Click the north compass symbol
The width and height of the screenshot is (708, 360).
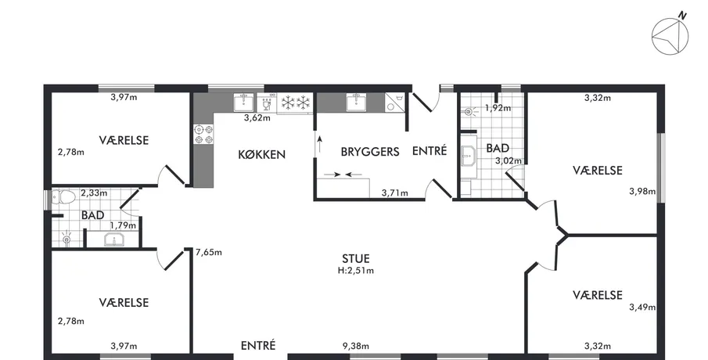click(670, 35)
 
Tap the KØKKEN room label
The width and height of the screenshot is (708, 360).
click(262, 154)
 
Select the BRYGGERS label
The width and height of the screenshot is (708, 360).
click(370, 151)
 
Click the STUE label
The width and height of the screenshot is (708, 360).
click(356, 258)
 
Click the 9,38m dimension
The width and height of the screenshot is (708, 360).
click(356, 346)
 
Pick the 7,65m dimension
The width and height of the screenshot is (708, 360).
click(209, 252)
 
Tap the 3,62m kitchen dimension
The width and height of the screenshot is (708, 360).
click(257, 118)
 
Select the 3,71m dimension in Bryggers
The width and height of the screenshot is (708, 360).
click(394, 193)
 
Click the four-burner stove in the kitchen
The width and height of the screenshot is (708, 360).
click(203, 135)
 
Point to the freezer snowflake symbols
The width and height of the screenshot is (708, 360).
click(296, 103)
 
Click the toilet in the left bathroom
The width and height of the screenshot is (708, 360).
click(63, 197)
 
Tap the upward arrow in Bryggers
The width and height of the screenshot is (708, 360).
click(320, 145)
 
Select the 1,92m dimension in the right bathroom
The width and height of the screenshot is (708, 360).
click(498, 107)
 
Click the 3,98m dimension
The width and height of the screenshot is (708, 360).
click(642, 191)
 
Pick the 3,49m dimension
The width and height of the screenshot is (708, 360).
click(642, 307)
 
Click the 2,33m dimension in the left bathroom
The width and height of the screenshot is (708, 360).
click(94, 193)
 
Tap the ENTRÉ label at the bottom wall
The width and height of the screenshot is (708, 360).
click(258, 346)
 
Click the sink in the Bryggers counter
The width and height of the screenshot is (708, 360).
click(356, 102)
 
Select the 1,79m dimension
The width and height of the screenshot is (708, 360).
click(123, 225)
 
